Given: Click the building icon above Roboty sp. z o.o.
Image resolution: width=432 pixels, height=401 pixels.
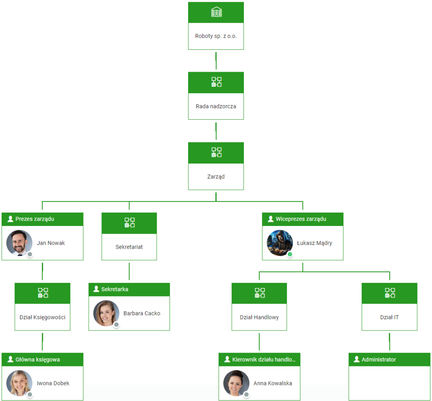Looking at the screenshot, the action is point(216,12).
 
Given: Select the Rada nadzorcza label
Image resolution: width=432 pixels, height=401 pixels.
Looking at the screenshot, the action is point(216,106).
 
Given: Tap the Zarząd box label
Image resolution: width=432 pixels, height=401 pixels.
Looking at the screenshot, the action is point(216,177).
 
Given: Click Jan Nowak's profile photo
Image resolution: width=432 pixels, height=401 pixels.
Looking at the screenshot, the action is point(19,243).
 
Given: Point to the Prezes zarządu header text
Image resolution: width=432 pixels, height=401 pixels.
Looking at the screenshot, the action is point(35,219).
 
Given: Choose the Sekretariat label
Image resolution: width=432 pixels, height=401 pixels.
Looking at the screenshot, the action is point(129,247).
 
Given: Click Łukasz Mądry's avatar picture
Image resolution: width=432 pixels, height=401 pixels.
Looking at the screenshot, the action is point(280,243).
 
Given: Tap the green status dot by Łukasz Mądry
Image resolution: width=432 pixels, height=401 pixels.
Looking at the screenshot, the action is point(290,254).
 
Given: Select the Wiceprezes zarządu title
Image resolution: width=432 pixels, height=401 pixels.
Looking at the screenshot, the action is point(301,219).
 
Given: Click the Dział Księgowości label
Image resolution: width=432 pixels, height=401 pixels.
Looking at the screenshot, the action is point(43,317).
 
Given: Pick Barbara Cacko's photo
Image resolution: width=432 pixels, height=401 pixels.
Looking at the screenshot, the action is point(106,313).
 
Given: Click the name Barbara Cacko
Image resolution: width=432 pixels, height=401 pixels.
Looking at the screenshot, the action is point(142,313).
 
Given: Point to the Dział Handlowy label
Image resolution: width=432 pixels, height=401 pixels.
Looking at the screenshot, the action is point(259,317).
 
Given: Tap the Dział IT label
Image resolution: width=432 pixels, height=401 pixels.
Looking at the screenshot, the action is point(389,317).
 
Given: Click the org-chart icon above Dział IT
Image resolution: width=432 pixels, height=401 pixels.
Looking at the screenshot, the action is point(390,293).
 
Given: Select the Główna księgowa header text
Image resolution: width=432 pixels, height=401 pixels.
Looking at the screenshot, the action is point(38,359).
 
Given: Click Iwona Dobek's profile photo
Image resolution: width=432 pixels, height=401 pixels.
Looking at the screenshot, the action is point(19,383).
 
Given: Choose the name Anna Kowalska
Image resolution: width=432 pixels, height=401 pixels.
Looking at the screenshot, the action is point(273,383).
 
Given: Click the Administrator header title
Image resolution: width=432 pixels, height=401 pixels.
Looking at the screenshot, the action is point(379,359).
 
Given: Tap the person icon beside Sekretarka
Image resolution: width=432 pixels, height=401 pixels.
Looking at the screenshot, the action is point(96,289).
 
